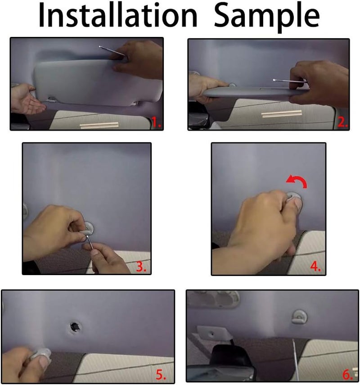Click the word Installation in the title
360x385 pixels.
(117, 16)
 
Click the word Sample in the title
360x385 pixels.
(266, 16)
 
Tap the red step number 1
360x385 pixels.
(155, 122)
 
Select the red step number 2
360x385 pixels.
(342, 122)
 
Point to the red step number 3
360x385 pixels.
(141, 266)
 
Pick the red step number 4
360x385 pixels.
(315, 266)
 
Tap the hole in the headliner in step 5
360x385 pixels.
(75, 326)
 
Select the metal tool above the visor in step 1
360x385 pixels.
(111, 50)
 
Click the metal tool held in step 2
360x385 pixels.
(288, 82)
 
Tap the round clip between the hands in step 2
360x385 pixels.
(232, 84)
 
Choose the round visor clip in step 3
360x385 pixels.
(90, 228)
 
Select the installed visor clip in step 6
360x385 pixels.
(299, 316)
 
